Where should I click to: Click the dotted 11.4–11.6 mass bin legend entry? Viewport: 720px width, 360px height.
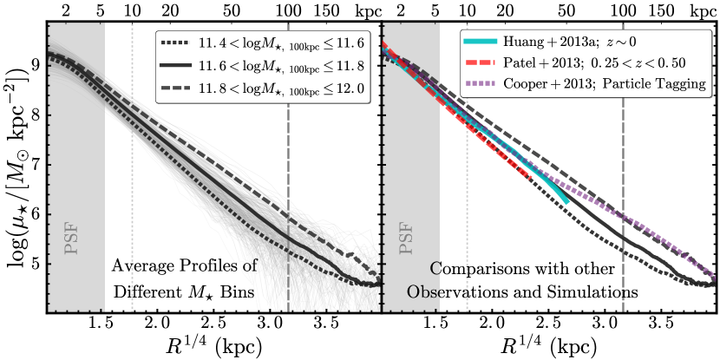pyautogui.click(x=260, y=41)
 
